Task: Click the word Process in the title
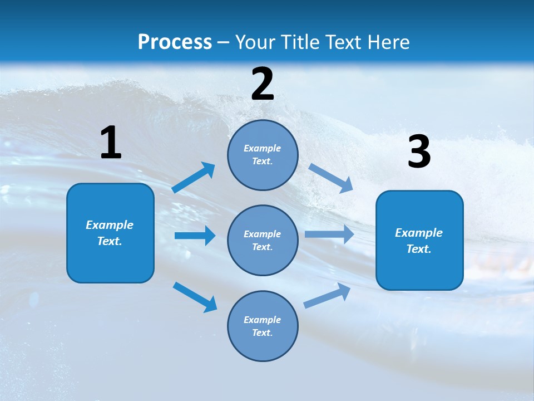point(175,42)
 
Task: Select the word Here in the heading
point(388,42)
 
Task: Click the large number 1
point(111,143)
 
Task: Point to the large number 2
point(263,84)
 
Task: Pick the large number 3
point(419,152)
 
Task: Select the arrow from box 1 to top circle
point(194,178)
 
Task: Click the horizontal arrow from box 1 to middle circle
point(195,236)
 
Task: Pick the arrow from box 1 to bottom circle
point(195,297)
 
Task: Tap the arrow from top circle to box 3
point(330,178)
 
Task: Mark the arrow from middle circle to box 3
point(329,234)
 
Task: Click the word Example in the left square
point(110,225)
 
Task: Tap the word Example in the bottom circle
point(263,320)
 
